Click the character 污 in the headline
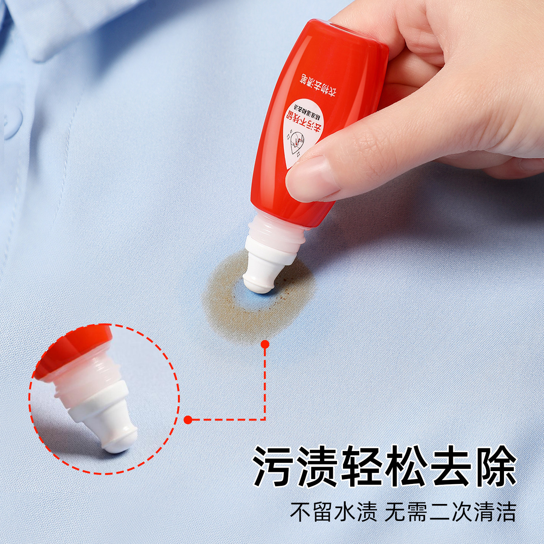[x=275, y=466]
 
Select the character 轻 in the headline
[x=363, y=466]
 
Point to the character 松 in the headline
[x=408, y=466]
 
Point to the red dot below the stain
[x=265, y=344]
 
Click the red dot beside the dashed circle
[x=188, y=419]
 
